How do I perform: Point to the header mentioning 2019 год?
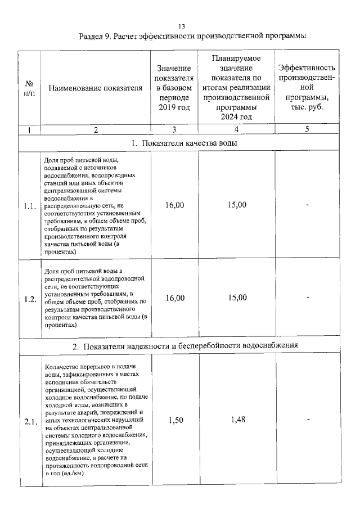click(174, 87)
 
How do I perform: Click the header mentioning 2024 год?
click(236, 87)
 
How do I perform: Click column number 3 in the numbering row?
click(174, 129)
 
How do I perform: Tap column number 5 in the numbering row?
click(307, 129)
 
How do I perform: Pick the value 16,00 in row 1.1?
click(174, 205)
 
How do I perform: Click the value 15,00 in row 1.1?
click(237, 205)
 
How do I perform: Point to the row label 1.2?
click(30, 299)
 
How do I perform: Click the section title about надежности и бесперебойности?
click(185, 345)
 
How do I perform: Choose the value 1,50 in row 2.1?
click(174, 420)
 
